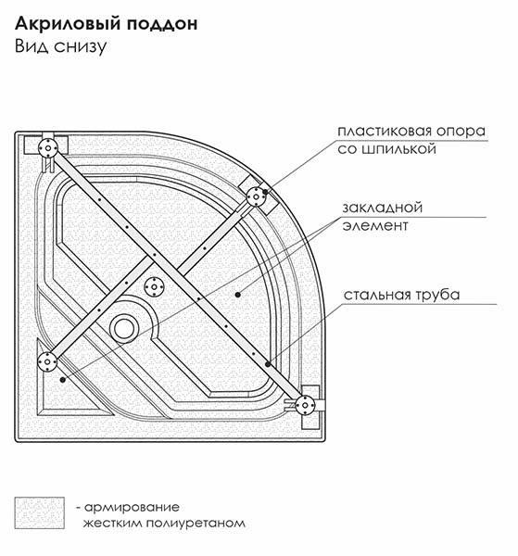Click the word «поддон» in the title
(x=161, y=24)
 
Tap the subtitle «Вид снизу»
(x=60, y=46)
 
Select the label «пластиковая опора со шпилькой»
(x=411, y=140)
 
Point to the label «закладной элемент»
(x=382, y=216)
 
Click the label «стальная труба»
(x=402, y=295)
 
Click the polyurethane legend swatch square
(x=39, y=512)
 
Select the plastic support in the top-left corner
(x=48, y=148)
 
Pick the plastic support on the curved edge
(x=256, y=196)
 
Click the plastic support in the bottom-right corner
(x=304, y=405)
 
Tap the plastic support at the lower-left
(x=47, y=361)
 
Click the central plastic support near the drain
(x=154, y=287)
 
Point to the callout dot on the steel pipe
(x=268, y=364)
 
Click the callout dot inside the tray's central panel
(x=238, y=295)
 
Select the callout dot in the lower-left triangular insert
(x=63, y=380)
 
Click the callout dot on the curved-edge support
(x=265, y=192)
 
